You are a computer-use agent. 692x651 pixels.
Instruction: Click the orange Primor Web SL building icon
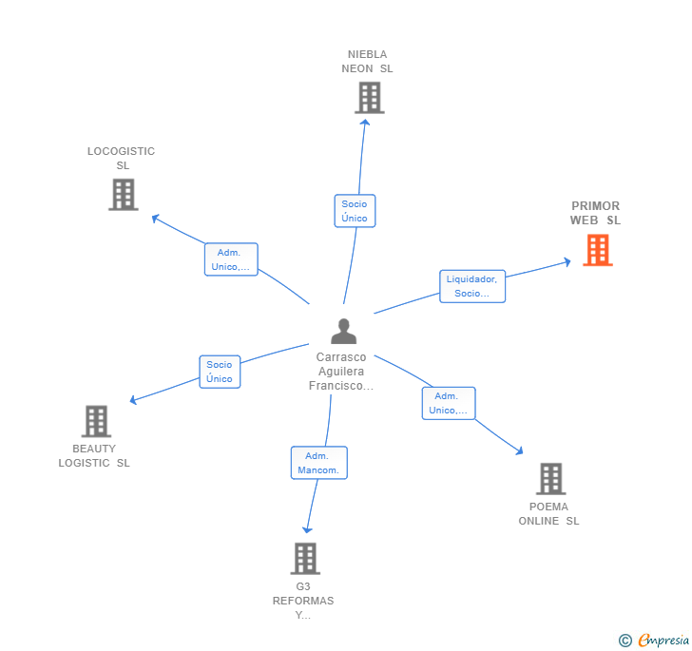pyautogui.click(x=597, y=250)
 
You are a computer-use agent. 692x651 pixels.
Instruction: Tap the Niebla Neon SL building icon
pyautogui.click(x=369, y=97)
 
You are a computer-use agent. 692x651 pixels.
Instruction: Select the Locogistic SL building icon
pyautogui.click(x=123, y=194)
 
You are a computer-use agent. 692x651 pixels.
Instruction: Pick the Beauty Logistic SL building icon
pyautogui.click(x=96, y=421)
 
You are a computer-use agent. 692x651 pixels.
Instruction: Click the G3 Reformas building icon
pyautogui.click(x=305, y=558)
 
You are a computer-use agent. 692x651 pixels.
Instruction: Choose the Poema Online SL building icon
pyautogui.click(x=550, y=479)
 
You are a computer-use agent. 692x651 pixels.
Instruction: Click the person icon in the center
pyautogui.click(x=343, y=331)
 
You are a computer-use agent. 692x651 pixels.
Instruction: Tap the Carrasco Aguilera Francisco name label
pyautogui.click(x=341, y=372)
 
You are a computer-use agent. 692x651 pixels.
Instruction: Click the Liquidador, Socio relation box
pyautogui.click(x=472, y=286)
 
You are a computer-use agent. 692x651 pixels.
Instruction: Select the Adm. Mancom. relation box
pyautogui.click(x=318, y=463)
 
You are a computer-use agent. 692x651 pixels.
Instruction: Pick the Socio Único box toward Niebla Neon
pyautogui.click(x=355, y=211)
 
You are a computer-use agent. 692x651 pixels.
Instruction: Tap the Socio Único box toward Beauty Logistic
pyautogui.click(x=220, y=372)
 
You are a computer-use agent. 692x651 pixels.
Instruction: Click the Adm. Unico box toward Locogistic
pyautogui.click(x=230, y=259)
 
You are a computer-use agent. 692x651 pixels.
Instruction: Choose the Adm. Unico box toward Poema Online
pyautogui.click(x=448, y=403)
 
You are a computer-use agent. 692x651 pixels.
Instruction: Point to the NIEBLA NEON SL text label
pyautogui.click(x=368, y=61)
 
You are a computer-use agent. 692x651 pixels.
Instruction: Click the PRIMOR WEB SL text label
pyautogui.click(x=596, y=213)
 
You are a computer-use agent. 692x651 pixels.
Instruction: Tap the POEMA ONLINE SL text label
pyautogui.click(x=548, y=513)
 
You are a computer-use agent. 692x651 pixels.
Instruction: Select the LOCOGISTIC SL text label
pyautogui.click(x=122, y=158)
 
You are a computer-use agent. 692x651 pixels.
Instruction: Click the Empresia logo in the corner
pyautogui.click(x=655, y=640)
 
